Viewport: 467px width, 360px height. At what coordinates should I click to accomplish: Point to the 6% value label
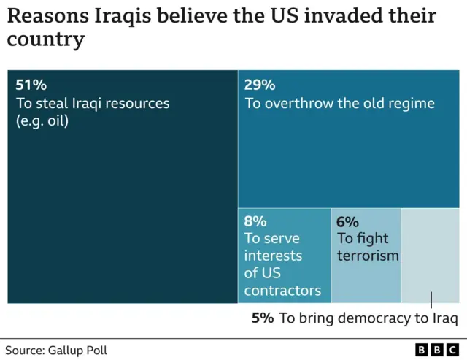coord(347,221)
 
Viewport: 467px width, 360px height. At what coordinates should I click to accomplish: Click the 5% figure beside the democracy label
coord(263,318)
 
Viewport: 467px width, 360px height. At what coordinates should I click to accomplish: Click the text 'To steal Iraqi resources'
coord(93,103)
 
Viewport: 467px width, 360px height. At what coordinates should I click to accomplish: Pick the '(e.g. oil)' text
coord(42,121)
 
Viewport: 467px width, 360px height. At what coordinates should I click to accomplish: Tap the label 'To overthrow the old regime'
coord(339,103)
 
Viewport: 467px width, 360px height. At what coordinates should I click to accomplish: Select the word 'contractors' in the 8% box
coord(282,291)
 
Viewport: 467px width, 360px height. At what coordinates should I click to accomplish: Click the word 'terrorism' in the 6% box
coord(368,256)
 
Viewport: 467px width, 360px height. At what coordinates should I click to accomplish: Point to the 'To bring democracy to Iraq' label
coord(368,318)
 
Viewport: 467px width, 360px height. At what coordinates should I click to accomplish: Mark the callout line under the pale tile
coord(431,301)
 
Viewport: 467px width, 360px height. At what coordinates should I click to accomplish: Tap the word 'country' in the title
coord(45,39)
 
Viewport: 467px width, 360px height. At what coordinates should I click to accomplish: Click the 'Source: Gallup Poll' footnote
coord(56,351)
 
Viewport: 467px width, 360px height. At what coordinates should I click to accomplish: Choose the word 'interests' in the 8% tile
coord(273,256)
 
